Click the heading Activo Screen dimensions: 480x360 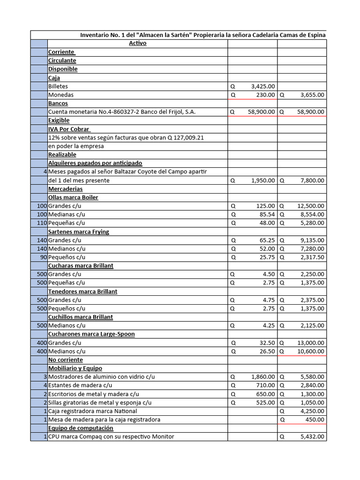(138, 43)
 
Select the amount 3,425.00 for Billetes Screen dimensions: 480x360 (263, 86)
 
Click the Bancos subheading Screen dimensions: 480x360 (58, 103)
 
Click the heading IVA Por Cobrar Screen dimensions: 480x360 (69, 129)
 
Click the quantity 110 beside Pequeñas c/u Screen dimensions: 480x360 (42, 223)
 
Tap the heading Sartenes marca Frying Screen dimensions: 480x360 (79, 232)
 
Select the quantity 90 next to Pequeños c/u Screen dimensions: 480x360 (43, 257)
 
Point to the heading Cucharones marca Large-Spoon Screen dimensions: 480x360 (91, 334)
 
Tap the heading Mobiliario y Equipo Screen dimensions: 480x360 (75, 368)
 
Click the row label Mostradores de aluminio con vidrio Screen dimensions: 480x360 (101, 377)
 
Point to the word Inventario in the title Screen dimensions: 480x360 (96, 35)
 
